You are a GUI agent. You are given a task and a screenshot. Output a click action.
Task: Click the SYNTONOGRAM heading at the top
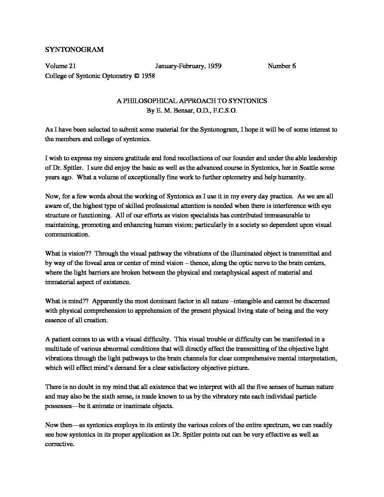tap(74, 50)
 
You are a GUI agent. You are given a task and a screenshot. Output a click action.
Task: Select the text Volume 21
tap(60, 66)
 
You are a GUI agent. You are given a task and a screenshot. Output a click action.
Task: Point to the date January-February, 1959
tap(188, 66)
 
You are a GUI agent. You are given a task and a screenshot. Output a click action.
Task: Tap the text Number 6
tap(282, 66)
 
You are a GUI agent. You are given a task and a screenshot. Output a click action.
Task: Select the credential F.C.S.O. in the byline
tap(225, 110)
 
